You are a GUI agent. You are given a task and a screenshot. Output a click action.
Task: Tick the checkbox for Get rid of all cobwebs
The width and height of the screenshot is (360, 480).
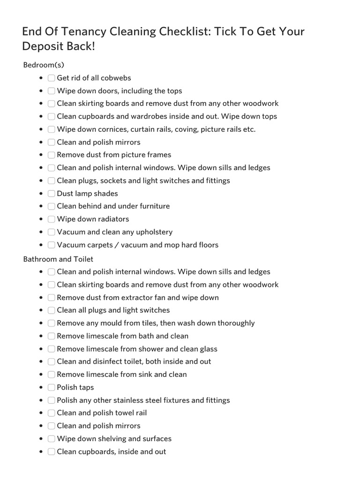tap(52, 78)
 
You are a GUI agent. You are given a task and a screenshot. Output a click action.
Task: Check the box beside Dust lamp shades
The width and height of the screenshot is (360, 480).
tap(52, 194)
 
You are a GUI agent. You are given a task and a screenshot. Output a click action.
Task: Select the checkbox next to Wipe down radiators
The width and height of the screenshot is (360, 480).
tap(52, 219)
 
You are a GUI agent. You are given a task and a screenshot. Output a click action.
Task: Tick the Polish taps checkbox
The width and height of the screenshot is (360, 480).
tap(52, 387)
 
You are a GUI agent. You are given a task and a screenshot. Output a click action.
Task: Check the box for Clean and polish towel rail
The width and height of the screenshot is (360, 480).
tap(52, 413)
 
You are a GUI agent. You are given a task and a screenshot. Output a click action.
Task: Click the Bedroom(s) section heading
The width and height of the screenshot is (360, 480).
tap(47, 65)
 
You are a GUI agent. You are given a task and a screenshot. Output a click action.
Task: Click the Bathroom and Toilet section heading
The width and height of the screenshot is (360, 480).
tap(58, 259)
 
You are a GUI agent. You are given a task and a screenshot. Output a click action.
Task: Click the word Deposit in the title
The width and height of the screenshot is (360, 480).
tap(45, 46)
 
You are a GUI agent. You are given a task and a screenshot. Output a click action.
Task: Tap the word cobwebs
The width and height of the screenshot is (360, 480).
tap(116, 78)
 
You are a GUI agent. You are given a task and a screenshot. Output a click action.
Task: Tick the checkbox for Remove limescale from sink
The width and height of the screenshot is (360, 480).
tap(52, 375)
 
